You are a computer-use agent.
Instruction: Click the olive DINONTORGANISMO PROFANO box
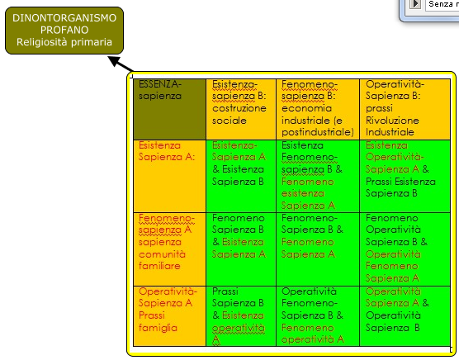click(x=64, y=31)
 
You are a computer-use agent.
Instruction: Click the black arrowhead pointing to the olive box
click(x=114, y=60)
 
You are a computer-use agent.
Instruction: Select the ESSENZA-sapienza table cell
click(x=169, y=109)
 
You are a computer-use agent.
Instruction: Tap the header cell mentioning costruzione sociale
click(x=241, y=109)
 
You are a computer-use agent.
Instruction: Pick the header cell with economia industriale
click(x=318, y=109)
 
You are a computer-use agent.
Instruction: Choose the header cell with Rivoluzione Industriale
click(x=405, y=109)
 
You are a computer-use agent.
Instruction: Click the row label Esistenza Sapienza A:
click(x=169, y=176)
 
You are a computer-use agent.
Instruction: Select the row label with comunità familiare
click(x=169, y=249)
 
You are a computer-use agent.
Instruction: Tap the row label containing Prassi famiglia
click(x=169, y=316)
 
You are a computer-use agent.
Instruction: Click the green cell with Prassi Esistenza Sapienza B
click(x=405, y=176)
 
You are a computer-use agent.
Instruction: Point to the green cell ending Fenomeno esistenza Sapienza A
click(x=318, y=176)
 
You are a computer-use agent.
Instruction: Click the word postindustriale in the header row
click(x=318, y=132)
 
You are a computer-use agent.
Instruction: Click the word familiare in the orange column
click(x=159, y=266)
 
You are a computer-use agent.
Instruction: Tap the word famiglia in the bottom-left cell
click(x=158, y=328)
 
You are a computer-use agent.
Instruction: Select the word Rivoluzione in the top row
click(x=392, y=121)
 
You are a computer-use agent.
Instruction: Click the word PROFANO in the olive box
click(x=64, y=30)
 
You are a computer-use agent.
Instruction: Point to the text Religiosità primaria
click(x=64, y=42)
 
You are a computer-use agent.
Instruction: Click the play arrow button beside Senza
click(x=415, y=4)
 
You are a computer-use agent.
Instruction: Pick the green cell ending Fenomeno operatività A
click(x=318, y=316)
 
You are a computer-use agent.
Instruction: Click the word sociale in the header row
click(x=229, y=121)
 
